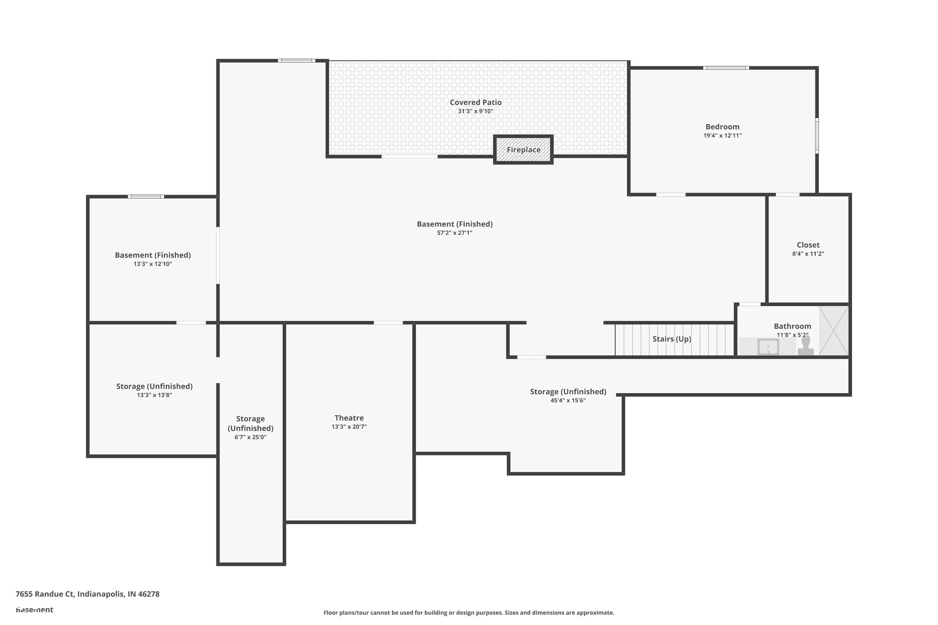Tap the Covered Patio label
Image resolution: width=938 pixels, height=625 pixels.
(x=476, y=102)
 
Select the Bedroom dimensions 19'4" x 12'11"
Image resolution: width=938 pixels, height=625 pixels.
(x=723, y=136)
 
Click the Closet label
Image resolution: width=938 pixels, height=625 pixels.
(x=808, y=245)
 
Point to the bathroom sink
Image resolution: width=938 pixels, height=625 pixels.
(x=768, y=347)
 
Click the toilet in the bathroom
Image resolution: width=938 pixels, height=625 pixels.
(x=806, y=346)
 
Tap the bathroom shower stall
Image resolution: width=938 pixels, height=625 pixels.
(x=834, y=330)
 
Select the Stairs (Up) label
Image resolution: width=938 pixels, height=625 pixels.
(x=672, y=339)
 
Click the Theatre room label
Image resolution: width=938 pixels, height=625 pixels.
(x=349, y=418)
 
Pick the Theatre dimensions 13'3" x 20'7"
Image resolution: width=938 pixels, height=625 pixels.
(x=349, y=427)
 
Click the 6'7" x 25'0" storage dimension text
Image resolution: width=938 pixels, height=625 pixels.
(x=250, y=437)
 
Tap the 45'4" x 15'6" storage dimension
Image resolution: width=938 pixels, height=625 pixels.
(x=568, y=400)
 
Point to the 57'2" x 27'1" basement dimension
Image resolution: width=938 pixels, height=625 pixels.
(x=455, y=233)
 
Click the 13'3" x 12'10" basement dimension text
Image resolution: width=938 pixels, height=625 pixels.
(x=153, y=264)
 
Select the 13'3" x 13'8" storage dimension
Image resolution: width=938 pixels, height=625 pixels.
(x=154, y=395)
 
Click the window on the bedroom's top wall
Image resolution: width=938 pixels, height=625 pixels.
(x=726, y=68)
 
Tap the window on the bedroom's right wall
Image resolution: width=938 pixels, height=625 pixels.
(x=817, y=136)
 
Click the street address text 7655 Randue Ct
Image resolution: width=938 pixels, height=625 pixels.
(x=45, y=594)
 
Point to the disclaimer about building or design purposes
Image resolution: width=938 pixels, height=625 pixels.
(x=469, y=612)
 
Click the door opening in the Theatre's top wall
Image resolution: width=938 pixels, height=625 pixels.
(x=388, y=322)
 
